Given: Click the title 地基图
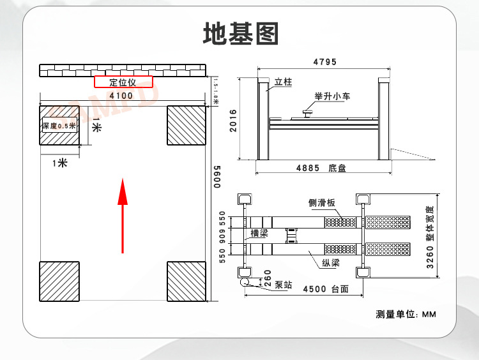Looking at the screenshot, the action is pyautogui.click(x=241, y=33).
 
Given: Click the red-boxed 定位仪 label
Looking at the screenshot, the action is pyautogui.click(x=124, y=82).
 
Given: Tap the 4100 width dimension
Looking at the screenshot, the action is pyautogui.click(x=121, y=96).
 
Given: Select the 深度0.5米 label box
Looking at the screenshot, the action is pyautogui.click(x=59, y=126).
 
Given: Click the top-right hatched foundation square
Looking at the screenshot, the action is pyautogui.click(x=186, y=125).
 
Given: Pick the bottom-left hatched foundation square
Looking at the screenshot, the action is pyautogui.click(x=59, y=281).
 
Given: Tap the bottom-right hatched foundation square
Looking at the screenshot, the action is pyautogui.click(x=186, y=281).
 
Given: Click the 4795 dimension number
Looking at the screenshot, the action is pyautogui.click(x=325, y=62).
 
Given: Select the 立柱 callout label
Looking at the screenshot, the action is pyautogui.click(x=283, y=82).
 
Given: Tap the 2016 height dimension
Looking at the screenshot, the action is pyautogui.click(x=234, y=119).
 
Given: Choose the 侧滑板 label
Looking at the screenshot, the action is pyautogui.click(x=322, y=203).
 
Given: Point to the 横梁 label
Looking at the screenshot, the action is pyautogui.click(x=259, y=233).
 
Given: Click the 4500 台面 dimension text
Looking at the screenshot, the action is pyautogui.click(x=325, y=289).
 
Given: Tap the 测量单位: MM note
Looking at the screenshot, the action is pyautogui.click(x=406, y=315).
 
